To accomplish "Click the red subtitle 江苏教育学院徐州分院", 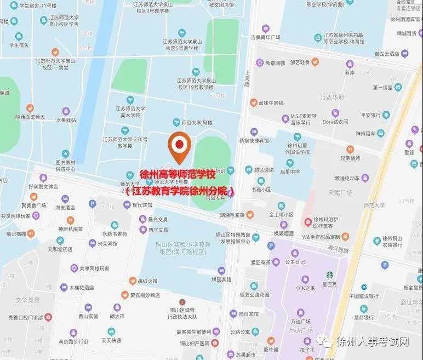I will (x=180, y=191).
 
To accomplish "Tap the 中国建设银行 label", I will (x=364, y=296).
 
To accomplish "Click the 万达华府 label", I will (x=332, y=97).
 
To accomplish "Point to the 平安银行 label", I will (x=370, y=116).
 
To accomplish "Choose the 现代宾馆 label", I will (x=141, y=205).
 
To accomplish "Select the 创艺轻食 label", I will (x=300, y=62).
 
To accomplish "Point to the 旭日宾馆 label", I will (x=249, y=315).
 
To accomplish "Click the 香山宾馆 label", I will (x=88, y=316).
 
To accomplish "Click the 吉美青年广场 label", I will (x=266, y=37).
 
